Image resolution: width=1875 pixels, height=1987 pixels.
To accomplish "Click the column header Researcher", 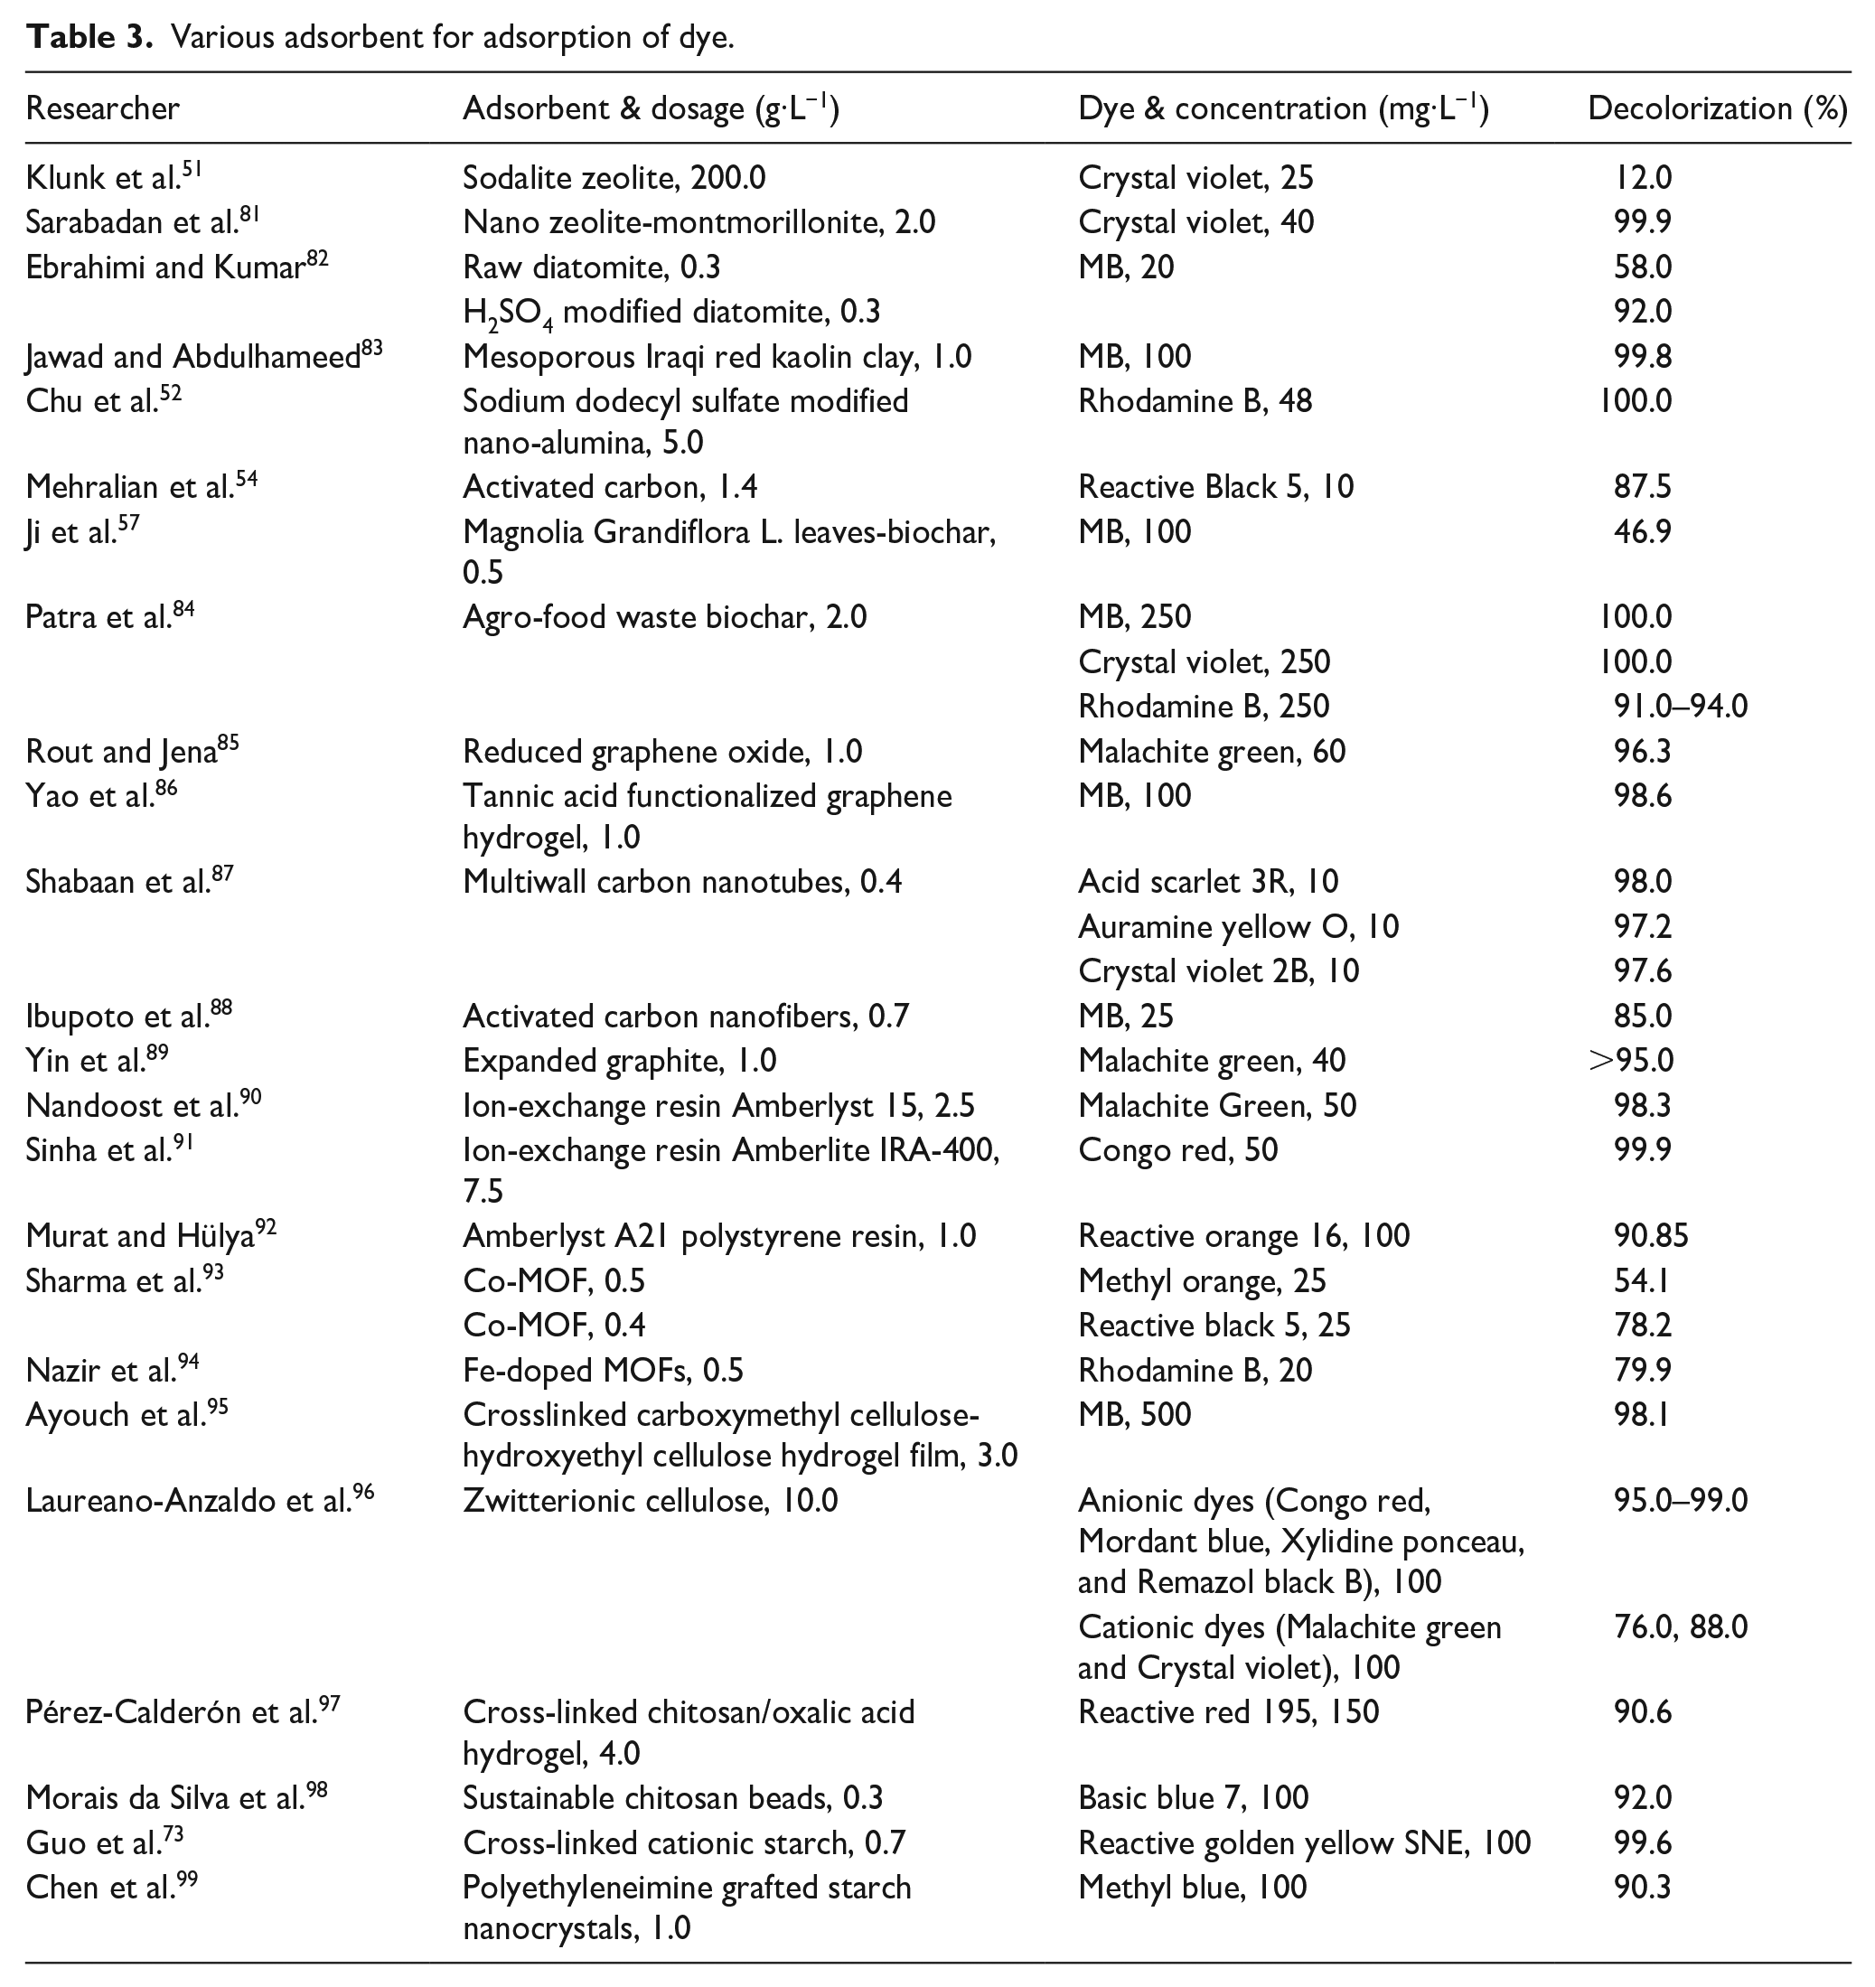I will pos(102,108).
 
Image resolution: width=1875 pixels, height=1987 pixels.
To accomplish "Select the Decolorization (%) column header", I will pos(1716,108).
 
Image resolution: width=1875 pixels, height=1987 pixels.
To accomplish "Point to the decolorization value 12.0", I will pos(1642,178).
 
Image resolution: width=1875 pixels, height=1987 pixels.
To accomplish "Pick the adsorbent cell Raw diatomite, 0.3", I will pos(591,267).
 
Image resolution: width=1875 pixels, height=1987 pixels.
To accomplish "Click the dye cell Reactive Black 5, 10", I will pos(1215,487).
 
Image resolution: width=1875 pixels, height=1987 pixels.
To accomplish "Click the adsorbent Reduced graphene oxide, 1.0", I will pos(661,752).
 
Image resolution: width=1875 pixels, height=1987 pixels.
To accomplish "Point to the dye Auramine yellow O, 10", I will pos(1238,926).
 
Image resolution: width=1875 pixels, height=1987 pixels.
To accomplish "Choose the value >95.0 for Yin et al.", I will pos(1631,1061).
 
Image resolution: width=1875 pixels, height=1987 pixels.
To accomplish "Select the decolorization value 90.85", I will pos(1650,1236).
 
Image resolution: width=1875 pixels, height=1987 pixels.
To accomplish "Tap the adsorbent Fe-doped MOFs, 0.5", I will pos(603,1371).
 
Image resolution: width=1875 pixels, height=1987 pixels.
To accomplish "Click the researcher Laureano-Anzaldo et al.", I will pos(189,1501).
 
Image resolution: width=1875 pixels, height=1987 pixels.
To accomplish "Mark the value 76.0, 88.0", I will pos(1680,1627).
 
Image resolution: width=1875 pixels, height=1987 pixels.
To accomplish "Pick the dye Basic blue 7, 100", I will pos(1193,1798).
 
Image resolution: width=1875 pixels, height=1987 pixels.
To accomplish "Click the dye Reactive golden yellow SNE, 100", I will pos(1303,1843).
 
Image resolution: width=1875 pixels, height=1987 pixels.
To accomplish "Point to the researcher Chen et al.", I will pos(101,1887).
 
